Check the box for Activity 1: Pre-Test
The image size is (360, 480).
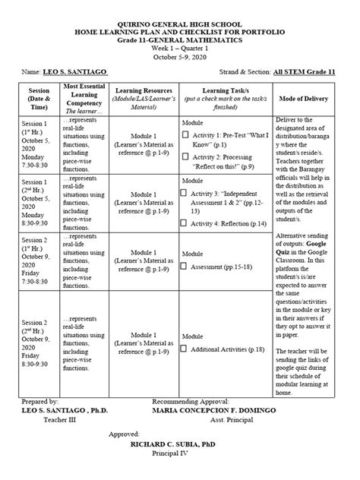[185, 135]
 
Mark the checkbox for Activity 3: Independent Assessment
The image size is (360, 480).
[184, 193]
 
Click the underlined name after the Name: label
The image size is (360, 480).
[74, 72]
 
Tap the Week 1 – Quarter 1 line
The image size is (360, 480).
[180, 48]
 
